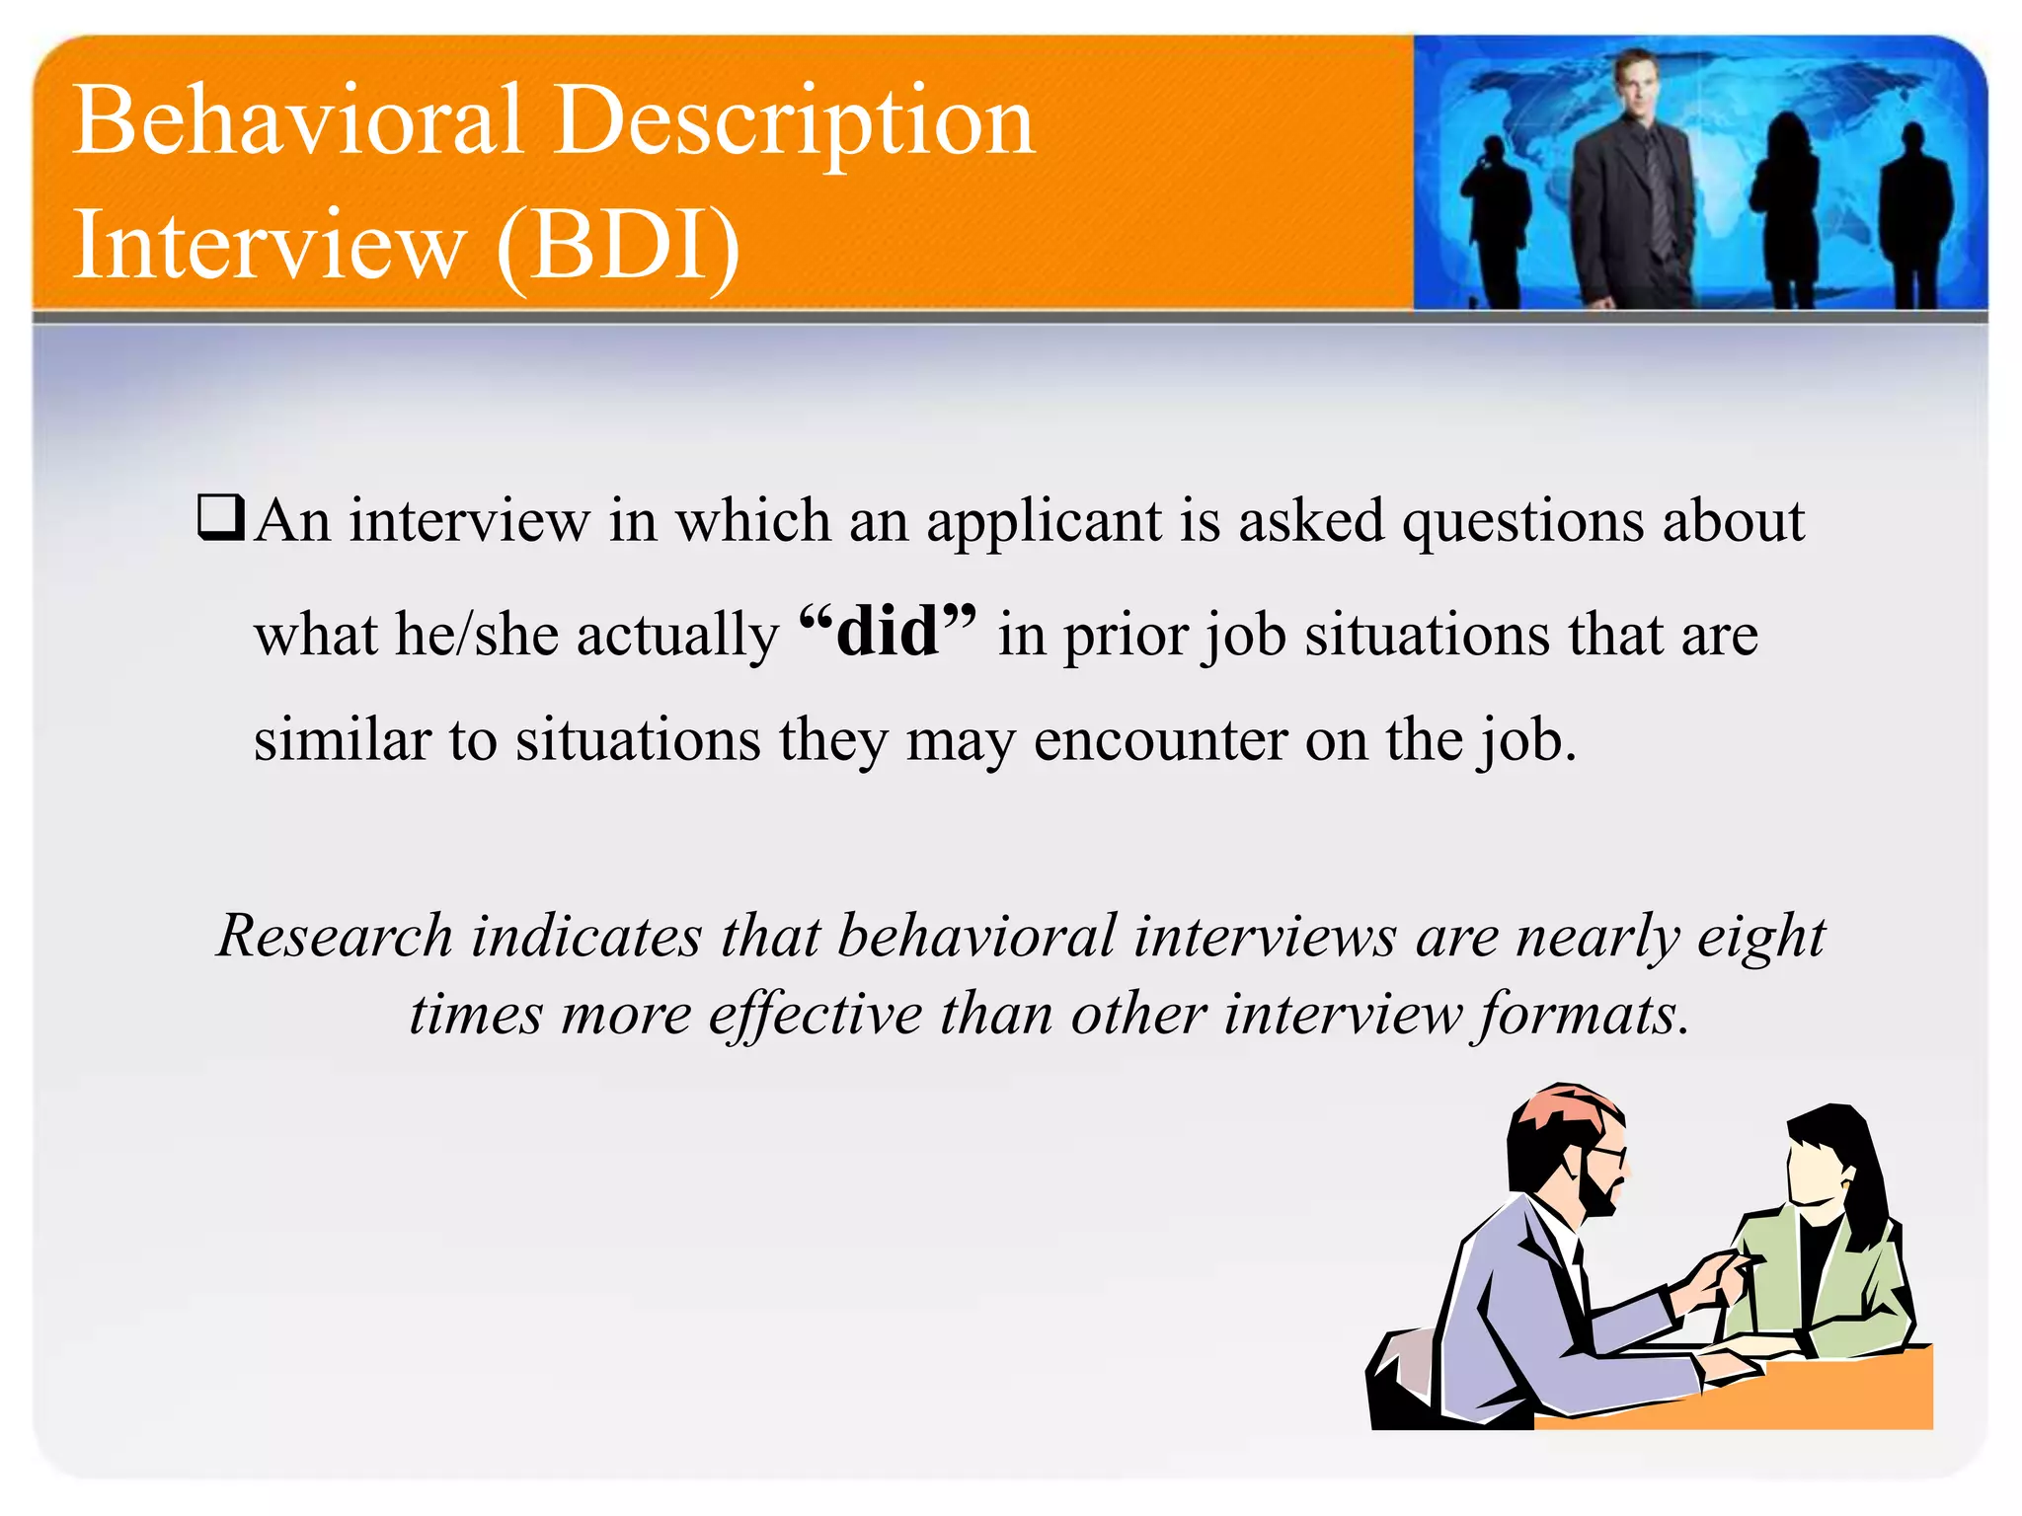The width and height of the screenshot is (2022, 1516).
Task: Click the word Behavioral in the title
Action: [x=296, y=120]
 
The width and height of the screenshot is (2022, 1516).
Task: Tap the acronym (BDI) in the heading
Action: [x=618, y=245]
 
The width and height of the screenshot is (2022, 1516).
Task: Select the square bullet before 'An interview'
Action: [x=220, y=517]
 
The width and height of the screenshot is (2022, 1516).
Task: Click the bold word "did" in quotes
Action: [x=887, y=632]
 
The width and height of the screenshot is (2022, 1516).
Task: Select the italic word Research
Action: [x=335, y=935]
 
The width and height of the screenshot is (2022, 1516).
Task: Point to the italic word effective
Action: [x=815, y=1014]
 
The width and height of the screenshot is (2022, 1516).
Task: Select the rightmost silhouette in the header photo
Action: [x=1914, y=212]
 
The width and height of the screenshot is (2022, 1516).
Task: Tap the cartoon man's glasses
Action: [x=1606, y=1153]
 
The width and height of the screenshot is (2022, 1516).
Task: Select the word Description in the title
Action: [x=794, y=120]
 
